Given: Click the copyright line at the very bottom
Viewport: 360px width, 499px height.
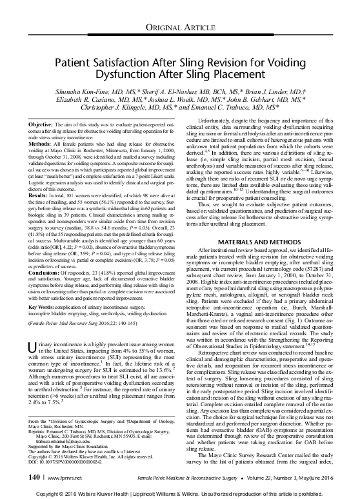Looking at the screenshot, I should (179, 492).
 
